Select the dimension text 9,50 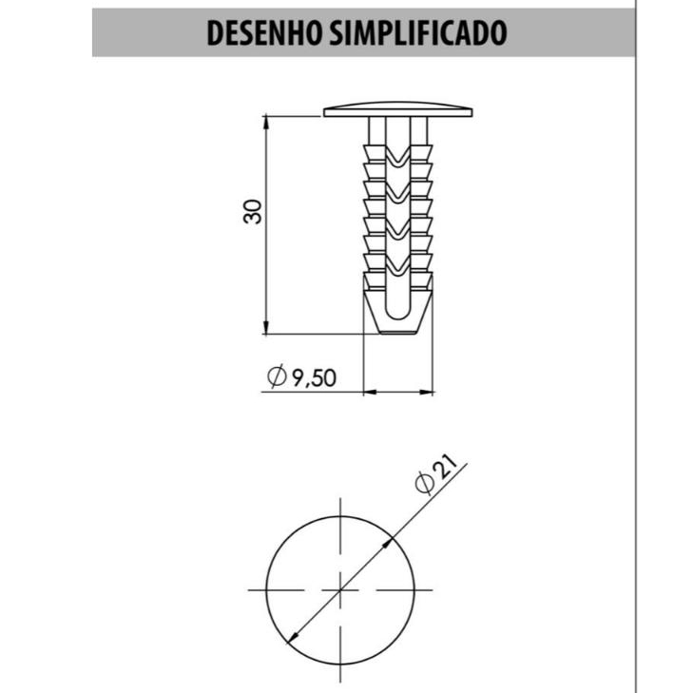tap(314, 377)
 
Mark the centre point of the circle tap(340, 589)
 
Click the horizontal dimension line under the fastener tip tap(398, 391)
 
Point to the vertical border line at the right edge tap(635, 380)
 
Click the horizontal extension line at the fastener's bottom tap(314, 335)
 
